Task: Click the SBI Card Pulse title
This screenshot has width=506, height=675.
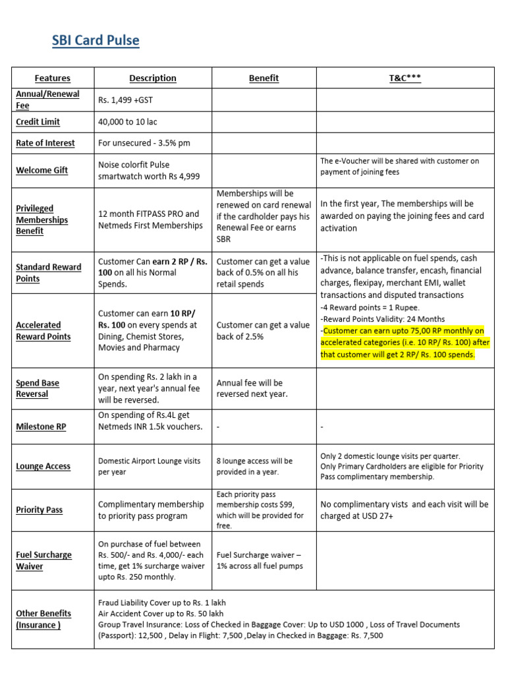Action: [x=96, y=42]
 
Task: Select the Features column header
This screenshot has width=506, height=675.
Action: [x=52, y=78]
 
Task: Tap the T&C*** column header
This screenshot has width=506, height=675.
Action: [x=405, y=78]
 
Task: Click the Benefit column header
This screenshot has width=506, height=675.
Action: [x=264, y=78]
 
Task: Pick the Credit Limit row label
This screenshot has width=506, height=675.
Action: [x=38, y=122]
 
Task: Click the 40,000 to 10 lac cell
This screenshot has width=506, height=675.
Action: [x=128, y=122]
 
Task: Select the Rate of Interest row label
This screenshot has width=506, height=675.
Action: [x=45, y=143]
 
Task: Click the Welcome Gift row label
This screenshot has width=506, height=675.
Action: [x=42, y=170]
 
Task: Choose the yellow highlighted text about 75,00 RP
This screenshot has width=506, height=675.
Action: [x=403, y=343]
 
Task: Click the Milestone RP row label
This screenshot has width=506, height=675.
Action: [x=41, y=426]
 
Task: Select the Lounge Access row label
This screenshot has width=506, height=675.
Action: [x=43, y=466]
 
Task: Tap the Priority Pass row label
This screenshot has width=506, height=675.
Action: [x=40, y=510]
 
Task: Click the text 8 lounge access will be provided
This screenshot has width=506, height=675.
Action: [x=254, y=466]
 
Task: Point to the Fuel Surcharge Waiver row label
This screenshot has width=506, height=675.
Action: [x=43, y=560]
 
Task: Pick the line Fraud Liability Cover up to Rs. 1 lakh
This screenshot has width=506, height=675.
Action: [x=161, y=602]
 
